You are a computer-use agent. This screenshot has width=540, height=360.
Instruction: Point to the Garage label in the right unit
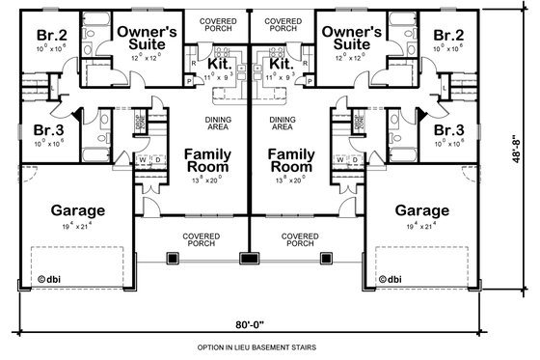420,209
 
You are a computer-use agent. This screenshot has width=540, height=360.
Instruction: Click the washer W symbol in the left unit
142,160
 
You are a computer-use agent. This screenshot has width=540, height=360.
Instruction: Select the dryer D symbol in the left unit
154,160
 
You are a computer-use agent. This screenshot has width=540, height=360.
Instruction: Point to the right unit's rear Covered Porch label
283,24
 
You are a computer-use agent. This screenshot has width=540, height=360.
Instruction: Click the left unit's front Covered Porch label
202,239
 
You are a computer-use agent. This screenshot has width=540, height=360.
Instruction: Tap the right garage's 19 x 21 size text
420,225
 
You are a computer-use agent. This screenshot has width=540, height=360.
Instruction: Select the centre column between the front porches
252,258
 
